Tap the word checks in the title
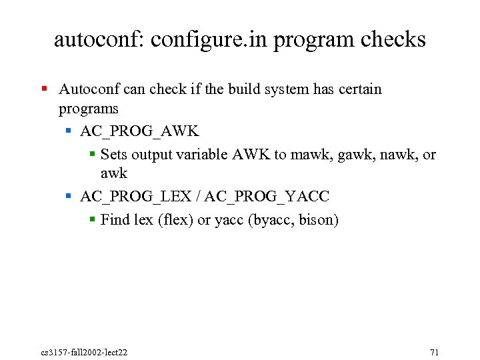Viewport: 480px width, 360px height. point(393,39)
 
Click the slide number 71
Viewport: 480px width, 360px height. point(435,352)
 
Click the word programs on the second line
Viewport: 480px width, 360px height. point(88,108)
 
